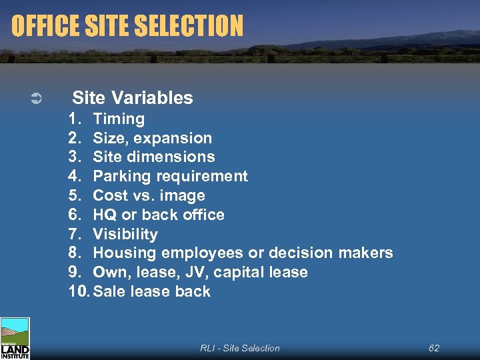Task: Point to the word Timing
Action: (x=119, y=119)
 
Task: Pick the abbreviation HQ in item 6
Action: (x=105, y=215)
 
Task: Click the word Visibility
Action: (x=125, y=234)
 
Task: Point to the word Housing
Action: (x=122, y=253)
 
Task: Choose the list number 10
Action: (x=79, y=291)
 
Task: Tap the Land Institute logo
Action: (x=15, y=339)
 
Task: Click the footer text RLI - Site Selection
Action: (x=240, y=348)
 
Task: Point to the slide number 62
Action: (x=434, y=348)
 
